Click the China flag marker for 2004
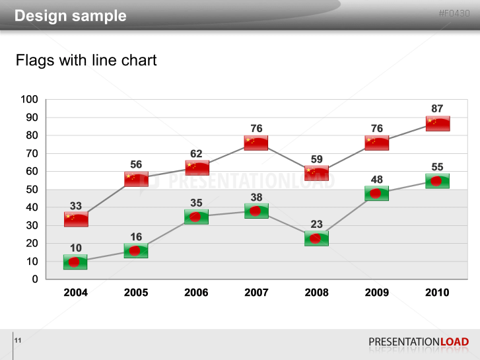76,219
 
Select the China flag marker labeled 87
438,124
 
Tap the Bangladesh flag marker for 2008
316,238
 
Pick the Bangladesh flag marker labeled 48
376,194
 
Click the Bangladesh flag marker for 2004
75,262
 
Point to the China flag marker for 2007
256,143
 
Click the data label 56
136,164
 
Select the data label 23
316,225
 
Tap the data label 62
196,154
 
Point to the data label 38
256,197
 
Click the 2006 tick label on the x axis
196,293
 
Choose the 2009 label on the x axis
376,293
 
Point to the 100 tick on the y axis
30,100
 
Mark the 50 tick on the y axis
32,190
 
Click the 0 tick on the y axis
35,279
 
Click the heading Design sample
70,16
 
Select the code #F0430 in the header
454,13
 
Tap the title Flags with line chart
86,61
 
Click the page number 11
18,340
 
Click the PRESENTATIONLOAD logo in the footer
419,342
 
